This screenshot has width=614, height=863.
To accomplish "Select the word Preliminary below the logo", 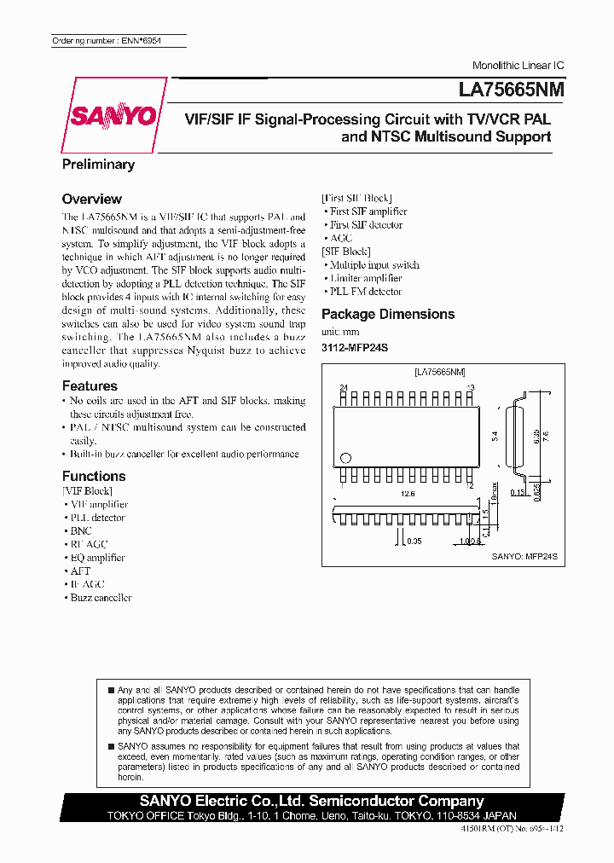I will point(98,164).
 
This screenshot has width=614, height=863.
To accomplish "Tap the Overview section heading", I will point(92,199).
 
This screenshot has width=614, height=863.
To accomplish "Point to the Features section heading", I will point(90,386).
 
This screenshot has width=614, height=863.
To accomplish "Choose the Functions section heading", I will point(94,476).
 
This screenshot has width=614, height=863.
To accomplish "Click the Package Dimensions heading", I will point(388,314).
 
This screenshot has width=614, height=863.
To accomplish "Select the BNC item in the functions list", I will point(81,530).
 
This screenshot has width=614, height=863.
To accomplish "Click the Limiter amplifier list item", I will point(366,278).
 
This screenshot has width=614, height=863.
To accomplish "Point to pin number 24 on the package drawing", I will point(344,387).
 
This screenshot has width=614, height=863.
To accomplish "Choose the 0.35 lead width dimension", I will point(414,541).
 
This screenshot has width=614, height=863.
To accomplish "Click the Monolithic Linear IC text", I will point(518,66).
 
